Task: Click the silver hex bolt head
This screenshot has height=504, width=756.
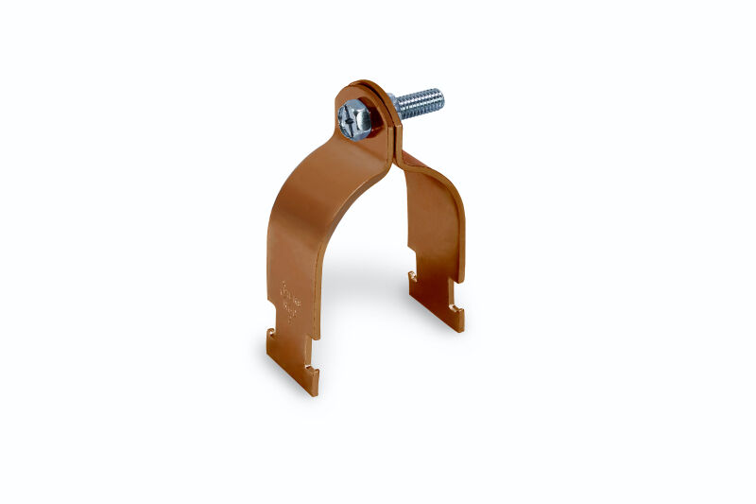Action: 354,120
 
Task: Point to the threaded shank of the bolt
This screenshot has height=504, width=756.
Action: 418,101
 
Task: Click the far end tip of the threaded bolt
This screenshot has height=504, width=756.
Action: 439,96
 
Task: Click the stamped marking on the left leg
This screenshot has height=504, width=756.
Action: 289,303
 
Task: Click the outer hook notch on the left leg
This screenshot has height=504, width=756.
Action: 270,332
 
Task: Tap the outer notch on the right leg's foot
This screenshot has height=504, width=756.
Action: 457,307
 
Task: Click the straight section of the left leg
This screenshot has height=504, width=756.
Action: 288,265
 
